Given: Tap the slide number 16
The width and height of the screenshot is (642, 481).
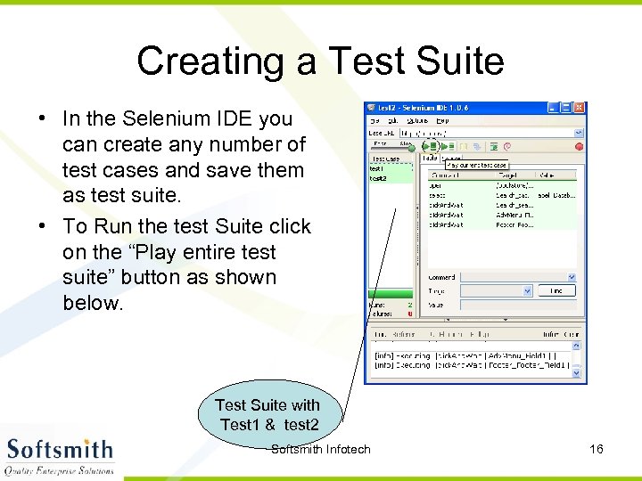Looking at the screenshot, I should point(597,449).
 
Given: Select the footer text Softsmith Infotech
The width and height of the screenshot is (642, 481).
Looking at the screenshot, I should point(320,449).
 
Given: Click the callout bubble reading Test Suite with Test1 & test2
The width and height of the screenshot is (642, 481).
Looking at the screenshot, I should point(267,414).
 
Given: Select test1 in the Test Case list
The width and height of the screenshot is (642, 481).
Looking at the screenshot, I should point(378,169).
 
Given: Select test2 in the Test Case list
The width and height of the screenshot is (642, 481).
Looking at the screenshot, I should point(379,178).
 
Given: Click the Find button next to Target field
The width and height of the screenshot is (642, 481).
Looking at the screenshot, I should point(557,291).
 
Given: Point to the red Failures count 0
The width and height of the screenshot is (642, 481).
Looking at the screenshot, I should point(409,313).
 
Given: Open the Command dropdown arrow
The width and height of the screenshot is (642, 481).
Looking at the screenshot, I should point(572,277).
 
